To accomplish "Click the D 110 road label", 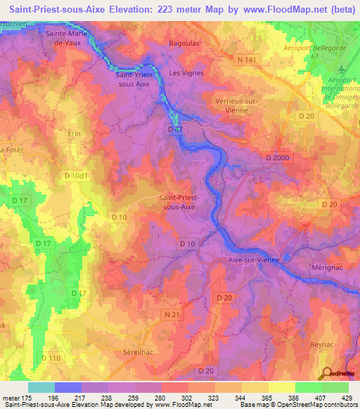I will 52,358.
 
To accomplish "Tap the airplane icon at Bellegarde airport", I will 342,70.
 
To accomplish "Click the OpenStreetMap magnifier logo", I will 326,372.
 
